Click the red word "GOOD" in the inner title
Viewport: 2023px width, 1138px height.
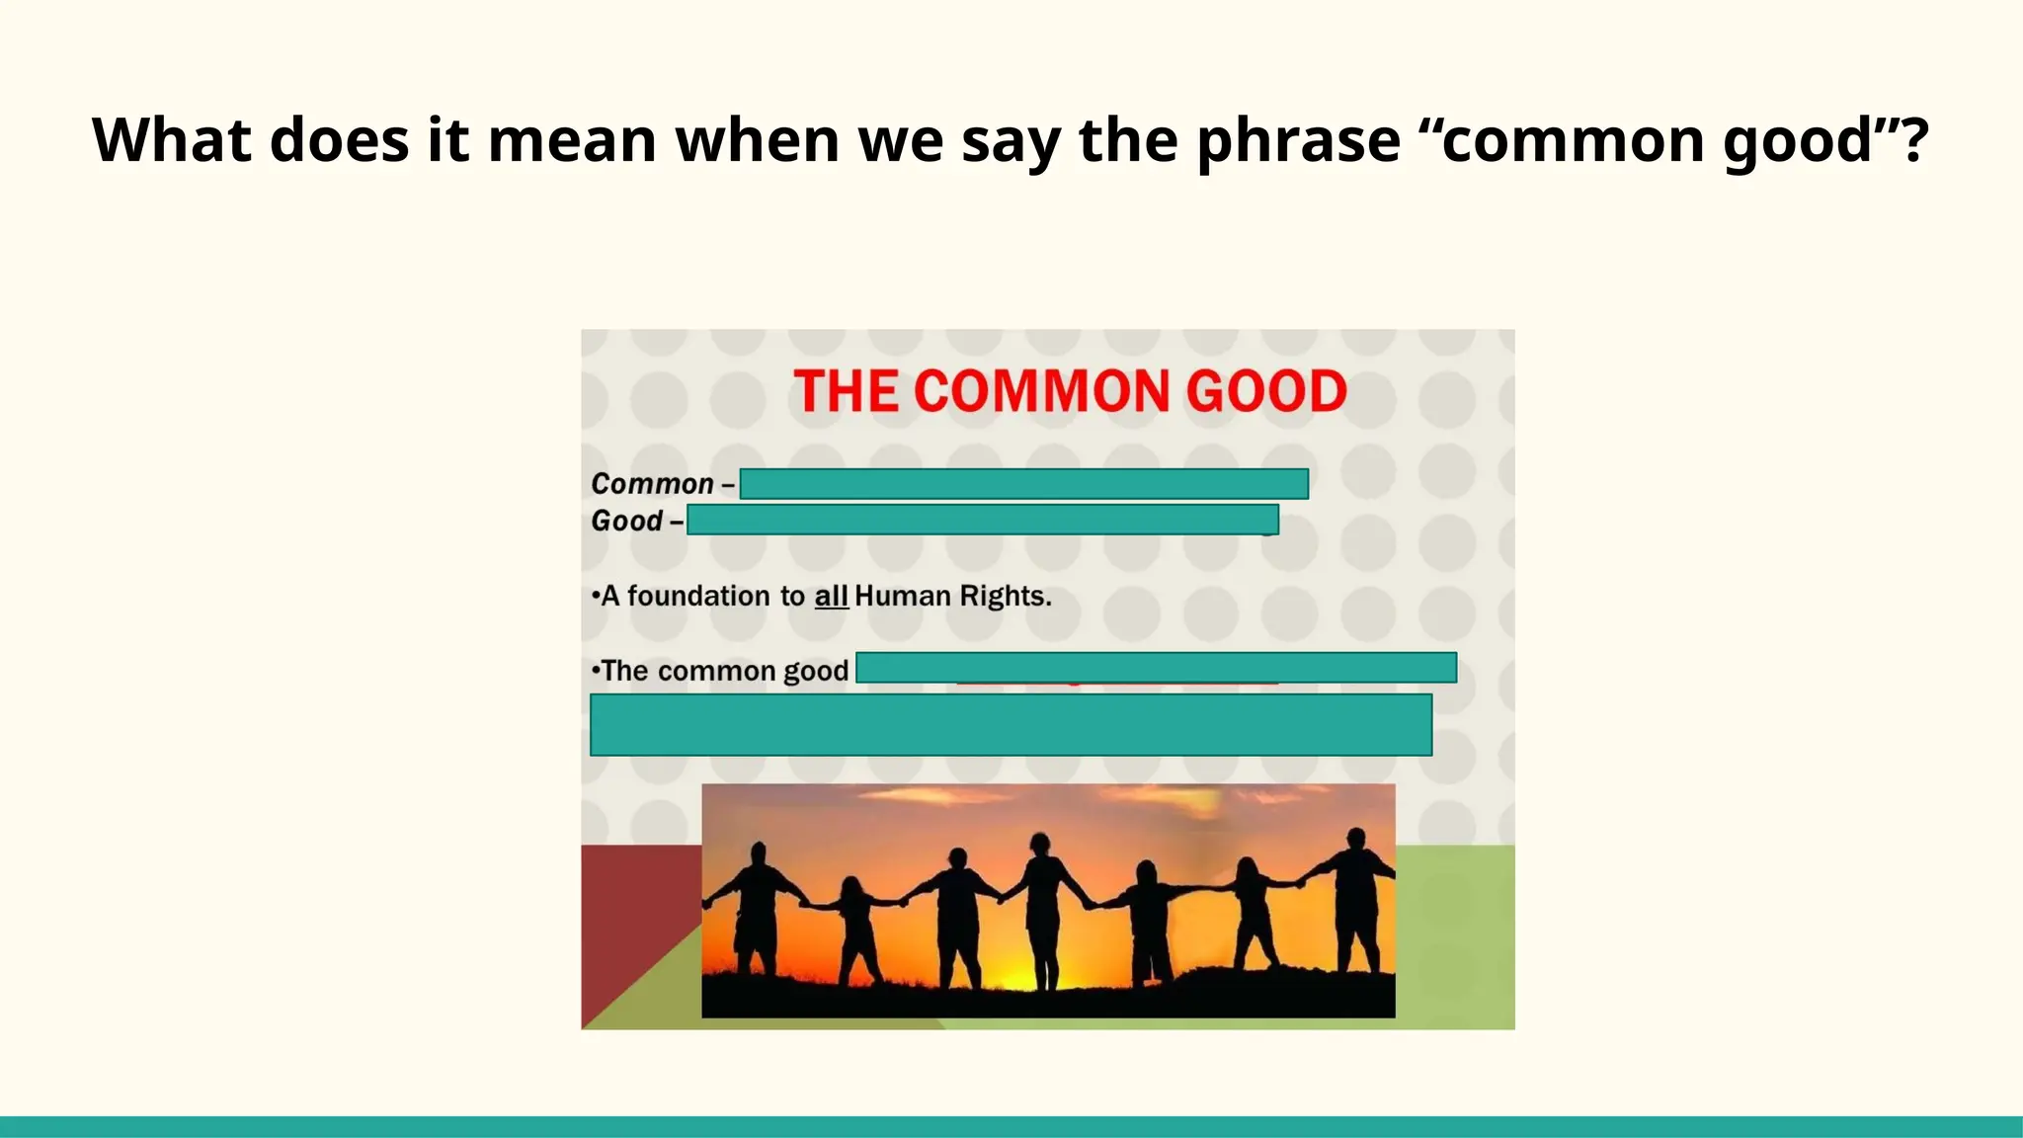pos(1266,391)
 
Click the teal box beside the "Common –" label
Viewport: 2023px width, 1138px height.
pos(1024,484)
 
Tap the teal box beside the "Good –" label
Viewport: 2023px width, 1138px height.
pos(983,520)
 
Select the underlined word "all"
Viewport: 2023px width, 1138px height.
pos(831,596)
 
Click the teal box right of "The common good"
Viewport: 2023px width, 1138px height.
pos(1156,668)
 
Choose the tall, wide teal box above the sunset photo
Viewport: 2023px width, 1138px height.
pos(1011,725)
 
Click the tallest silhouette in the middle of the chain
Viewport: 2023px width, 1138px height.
pos(1041,909)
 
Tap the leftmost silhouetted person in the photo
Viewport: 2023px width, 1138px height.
pos(758,909)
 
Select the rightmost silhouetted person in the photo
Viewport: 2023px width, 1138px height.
pos(1356,899)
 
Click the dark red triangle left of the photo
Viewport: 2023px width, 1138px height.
pos(632,909)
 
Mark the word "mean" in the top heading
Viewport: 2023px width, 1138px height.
pos(572,140)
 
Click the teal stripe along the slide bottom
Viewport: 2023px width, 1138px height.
pos(1011,1126)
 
